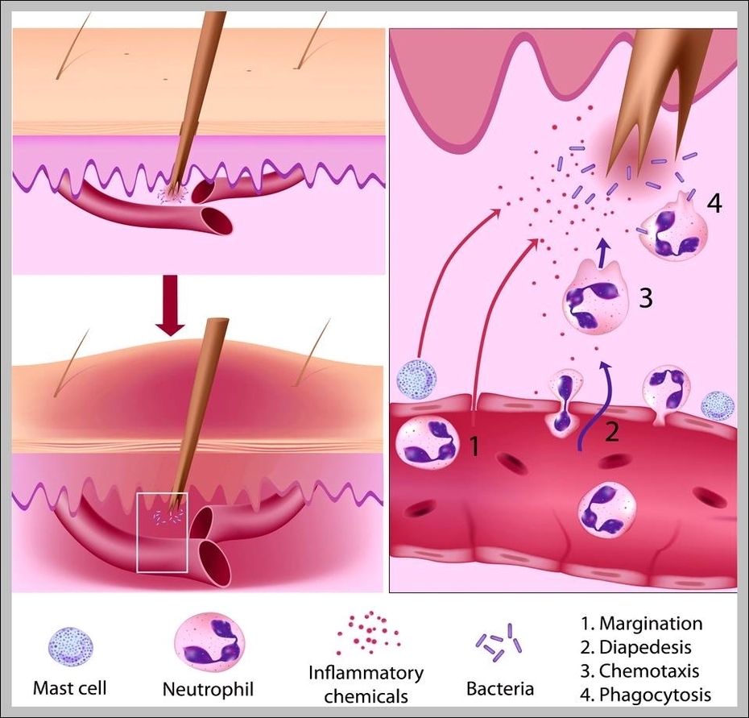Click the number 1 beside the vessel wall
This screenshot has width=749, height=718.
pyautogui.click(x=474, y=445)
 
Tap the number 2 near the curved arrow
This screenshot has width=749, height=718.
pyautogui.click(x=612, y=433)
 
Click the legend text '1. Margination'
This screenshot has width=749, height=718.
pyautogui.click(x=642, y=624)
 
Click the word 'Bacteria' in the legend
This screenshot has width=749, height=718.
pyautogui.click(x=500, y=689)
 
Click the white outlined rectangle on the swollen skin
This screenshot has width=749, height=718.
pyautogui.click(x=162, y=532)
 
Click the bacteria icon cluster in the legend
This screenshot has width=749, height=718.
pyautogui.click(x=499, y=641)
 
